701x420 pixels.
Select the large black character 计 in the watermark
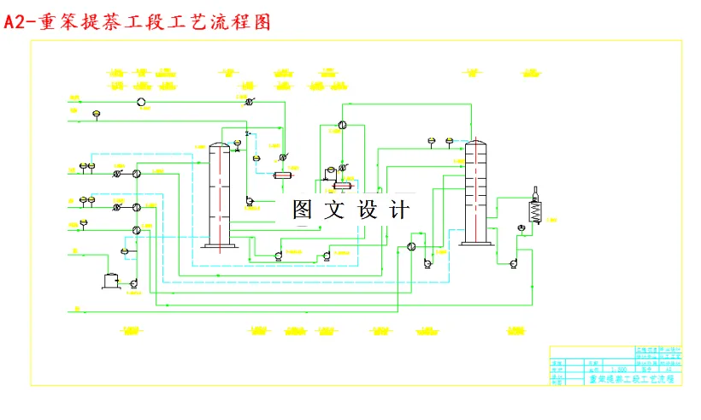pos(398,210)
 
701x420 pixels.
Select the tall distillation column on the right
pos(475,192)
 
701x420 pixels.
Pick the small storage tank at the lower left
pos(110,280)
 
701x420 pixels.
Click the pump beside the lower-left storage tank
pos(133,283)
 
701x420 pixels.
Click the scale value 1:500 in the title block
pos(618,369)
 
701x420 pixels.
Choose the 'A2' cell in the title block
pos(667,369)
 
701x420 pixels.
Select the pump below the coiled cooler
pos(512,263)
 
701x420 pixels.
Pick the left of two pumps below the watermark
pos(279,255)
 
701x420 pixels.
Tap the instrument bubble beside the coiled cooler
pos(521,228)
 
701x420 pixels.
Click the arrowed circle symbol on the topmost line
pos(249,102)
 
